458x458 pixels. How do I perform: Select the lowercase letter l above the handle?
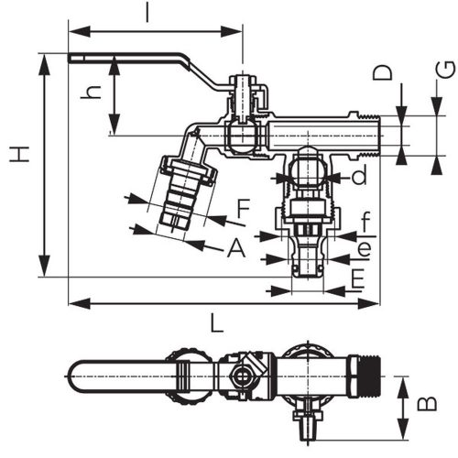coord(147,13)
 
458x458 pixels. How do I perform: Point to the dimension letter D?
coord(386,72)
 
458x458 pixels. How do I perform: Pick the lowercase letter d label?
coord(359,173)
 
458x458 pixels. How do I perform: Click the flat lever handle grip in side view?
coord(128,60)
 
